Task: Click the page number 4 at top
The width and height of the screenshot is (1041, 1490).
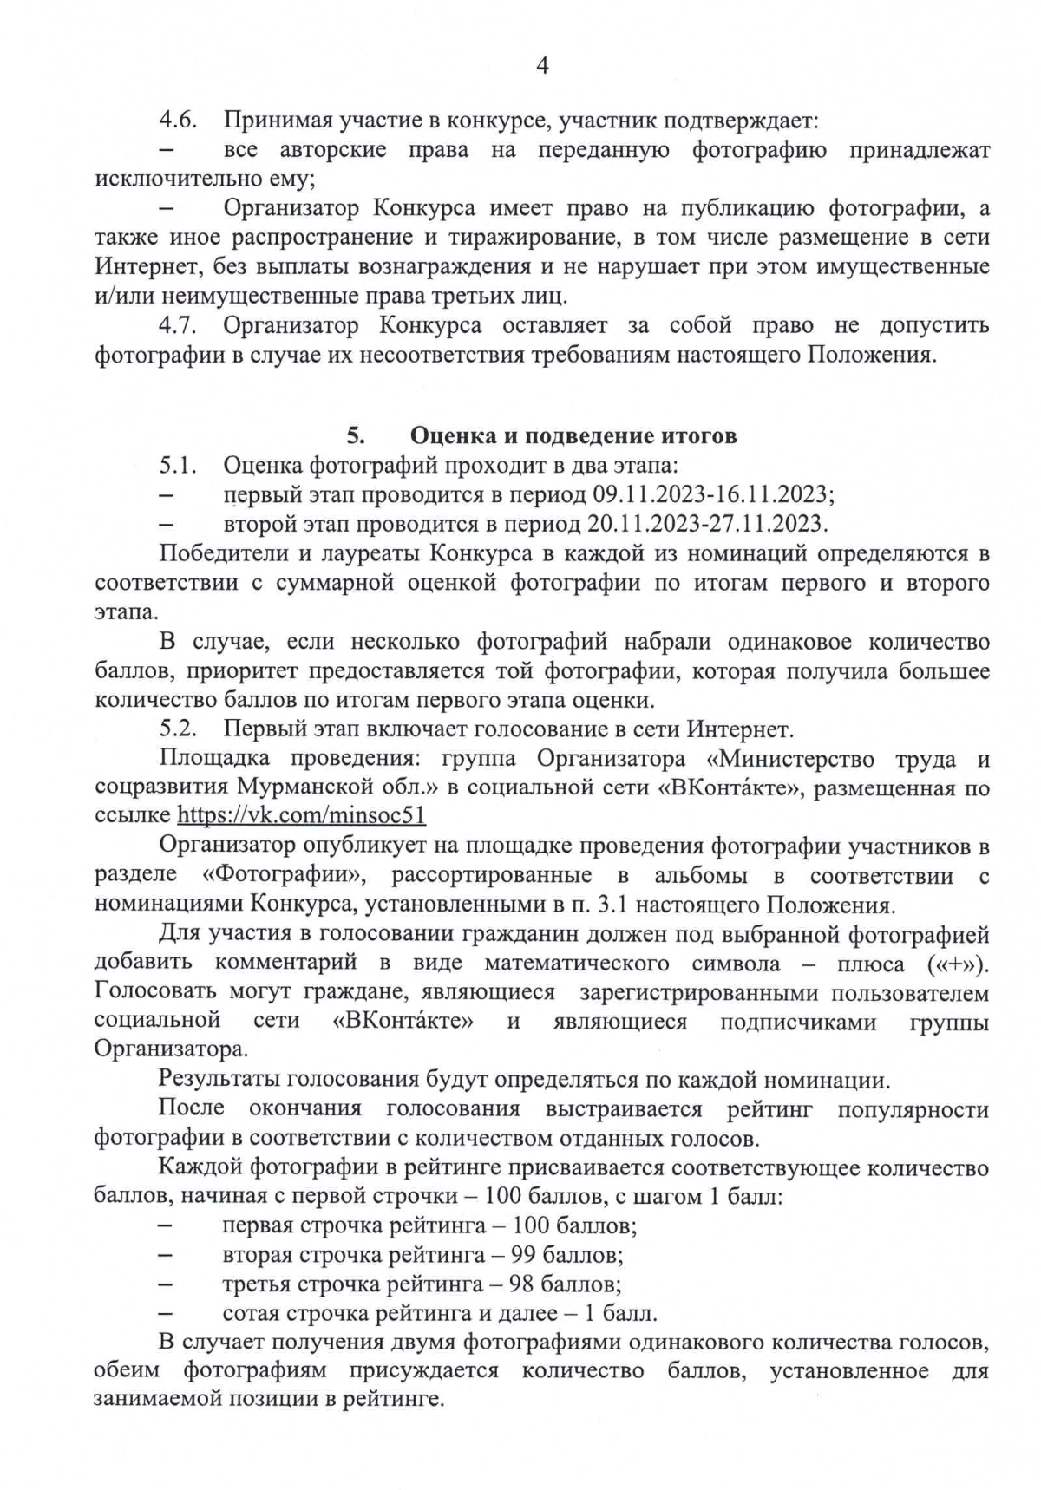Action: pyautogui.click(x=543, y=66)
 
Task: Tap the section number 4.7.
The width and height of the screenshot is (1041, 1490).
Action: pyautogui.click(x=180, y=326)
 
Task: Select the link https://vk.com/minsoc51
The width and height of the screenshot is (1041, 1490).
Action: pyautogui.click(x=301, y=816)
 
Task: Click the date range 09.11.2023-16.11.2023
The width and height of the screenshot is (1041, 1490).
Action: pyautogui.click(x=712, y=494)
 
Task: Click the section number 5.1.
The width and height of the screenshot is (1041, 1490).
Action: pyautogui.click(x=180, y=465)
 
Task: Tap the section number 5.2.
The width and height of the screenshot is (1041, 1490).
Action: pyautogui.click(x=180, y=729)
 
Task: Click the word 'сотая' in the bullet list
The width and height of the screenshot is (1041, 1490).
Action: pyautogui.click(x=250, y=1313)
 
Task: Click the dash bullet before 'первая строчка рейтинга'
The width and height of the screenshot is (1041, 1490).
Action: pyautogui.click(x=167, y=1226)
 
